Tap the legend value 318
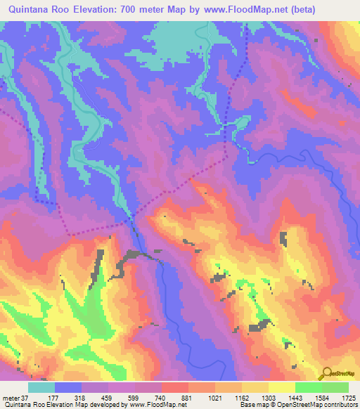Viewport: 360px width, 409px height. (90, 397)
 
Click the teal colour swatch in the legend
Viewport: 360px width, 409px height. (41, 387)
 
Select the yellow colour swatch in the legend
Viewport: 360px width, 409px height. (281, 387)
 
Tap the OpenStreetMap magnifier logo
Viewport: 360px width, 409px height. (325, 373)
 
